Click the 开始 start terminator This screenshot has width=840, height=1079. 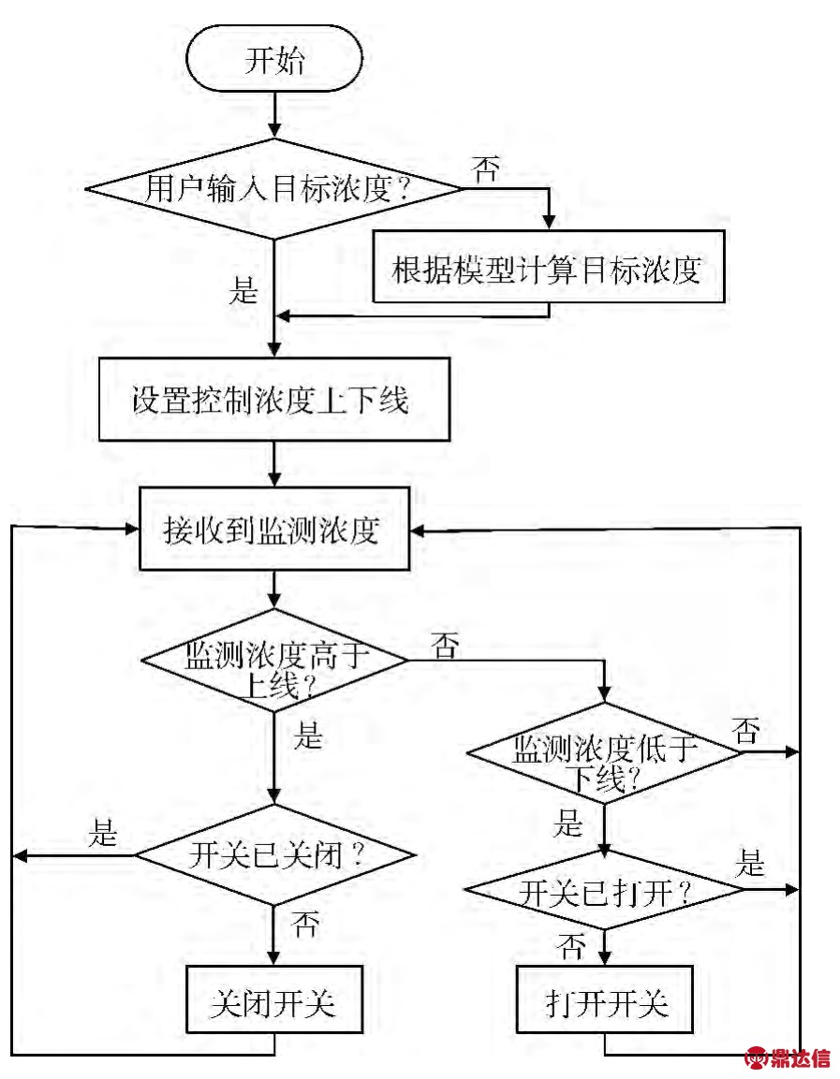[274, 63]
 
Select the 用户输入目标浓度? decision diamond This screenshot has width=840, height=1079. [274, 190]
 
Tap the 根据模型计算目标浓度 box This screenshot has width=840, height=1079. [549, 267]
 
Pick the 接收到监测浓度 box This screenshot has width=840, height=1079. [274, 529]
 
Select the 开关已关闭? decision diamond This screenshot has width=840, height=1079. [274, 854]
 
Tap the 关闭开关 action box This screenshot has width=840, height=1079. [274, 1004]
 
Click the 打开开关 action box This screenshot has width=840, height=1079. [605, 1004]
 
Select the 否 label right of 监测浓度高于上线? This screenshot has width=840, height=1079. [446, 645]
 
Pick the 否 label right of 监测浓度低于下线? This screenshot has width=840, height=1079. [745, 731]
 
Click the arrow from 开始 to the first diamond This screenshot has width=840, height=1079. [274, 115]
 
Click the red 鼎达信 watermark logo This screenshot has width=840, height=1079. [787, 1058]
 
